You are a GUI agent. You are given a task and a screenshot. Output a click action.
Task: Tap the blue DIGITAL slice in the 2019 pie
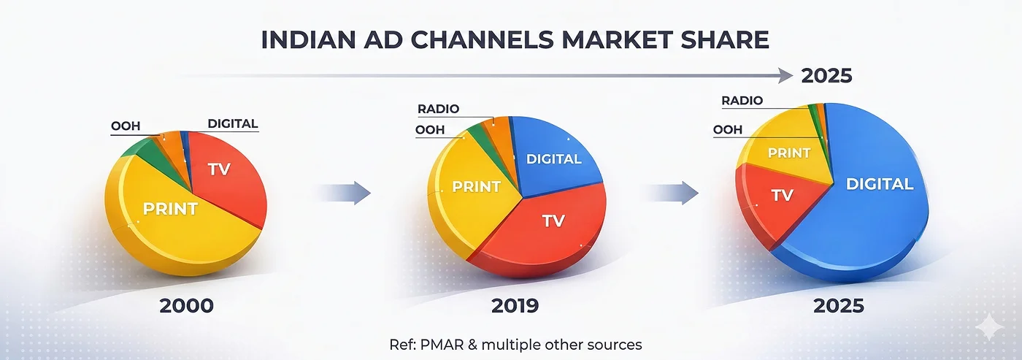point(554,158)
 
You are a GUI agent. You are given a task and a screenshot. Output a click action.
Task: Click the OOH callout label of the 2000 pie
point(126,126)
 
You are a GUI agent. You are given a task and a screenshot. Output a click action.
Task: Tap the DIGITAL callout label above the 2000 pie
point(233,123)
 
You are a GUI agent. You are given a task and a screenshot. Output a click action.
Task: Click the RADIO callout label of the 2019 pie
point(439,109)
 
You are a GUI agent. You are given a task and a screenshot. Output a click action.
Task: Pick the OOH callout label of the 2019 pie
point(430,130)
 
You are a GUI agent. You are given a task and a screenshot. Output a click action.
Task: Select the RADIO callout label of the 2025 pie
point(742,100)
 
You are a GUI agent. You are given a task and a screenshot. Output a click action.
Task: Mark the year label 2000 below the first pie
point(187,306)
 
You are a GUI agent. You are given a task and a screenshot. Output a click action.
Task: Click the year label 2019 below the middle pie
point(515,306)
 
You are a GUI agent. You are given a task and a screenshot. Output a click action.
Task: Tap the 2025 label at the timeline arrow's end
point(826,76)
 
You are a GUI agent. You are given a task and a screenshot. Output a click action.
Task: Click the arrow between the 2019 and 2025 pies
point(671,193)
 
